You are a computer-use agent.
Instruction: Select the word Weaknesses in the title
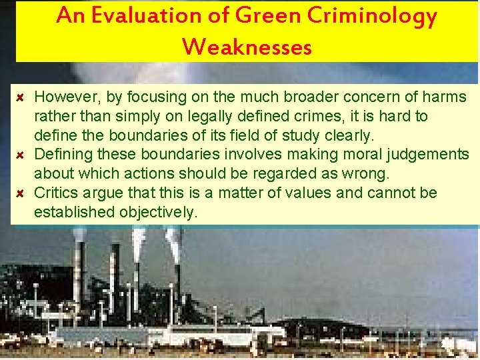(247, 47)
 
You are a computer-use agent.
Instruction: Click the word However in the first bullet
(64, 97)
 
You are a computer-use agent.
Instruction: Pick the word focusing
(151, 97)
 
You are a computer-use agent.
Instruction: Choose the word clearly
(349, 136)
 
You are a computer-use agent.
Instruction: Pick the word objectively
(159, 213)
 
